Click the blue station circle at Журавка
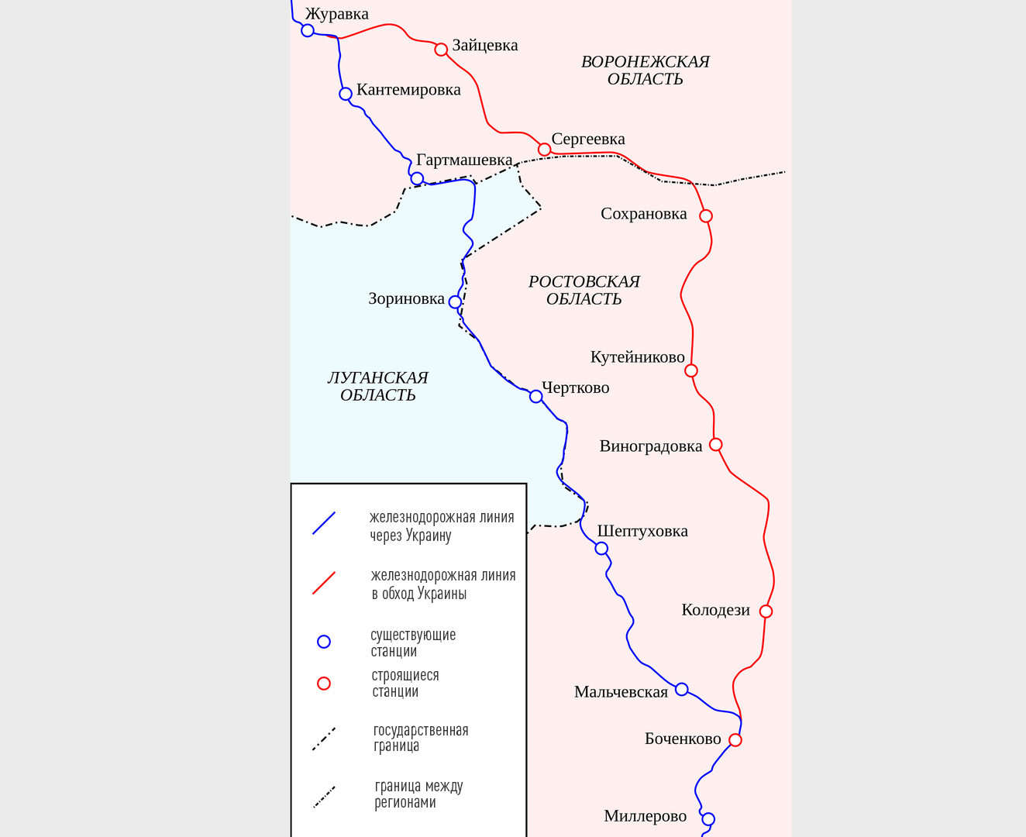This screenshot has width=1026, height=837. coord(308,30)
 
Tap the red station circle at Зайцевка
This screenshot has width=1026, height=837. coord(441,50)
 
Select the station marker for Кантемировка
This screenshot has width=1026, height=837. coord(346,94)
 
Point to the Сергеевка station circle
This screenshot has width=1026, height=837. coord(545,150)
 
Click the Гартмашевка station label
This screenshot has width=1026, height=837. coord(464,160)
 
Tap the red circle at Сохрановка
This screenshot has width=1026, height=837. coord(706,215)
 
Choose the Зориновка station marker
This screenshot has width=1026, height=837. coord(455,302)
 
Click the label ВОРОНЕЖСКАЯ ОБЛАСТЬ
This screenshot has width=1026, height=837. coord(645,71)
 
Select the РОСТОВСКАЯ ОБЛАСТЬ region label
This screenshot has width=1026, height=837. coord(584,291)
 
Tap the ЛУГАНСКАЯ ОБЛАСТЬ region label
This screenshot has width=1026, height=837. coord(378,386)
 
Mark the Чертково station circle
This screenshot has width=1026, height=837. coord(536,397)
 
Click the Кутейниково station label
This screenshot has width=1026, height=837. coord(638,357)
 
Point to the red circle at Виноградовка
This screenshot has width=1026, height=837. coord(716,445)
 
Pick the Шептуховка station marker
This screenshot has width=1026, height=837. coord(601,549)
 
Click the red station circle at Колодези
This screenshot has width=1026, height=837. coord(766,611)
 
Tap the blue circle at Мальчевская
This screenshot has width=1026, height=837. coord(682,689)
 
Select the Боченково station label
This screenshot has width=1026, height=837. coord(683,739)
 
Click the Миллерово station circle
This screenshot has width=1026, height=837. coord(708,819)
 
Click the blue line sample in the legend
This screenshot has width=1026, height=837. coord(324,523)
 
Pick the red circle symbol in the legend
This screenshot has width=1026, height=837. coord(324,684)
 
